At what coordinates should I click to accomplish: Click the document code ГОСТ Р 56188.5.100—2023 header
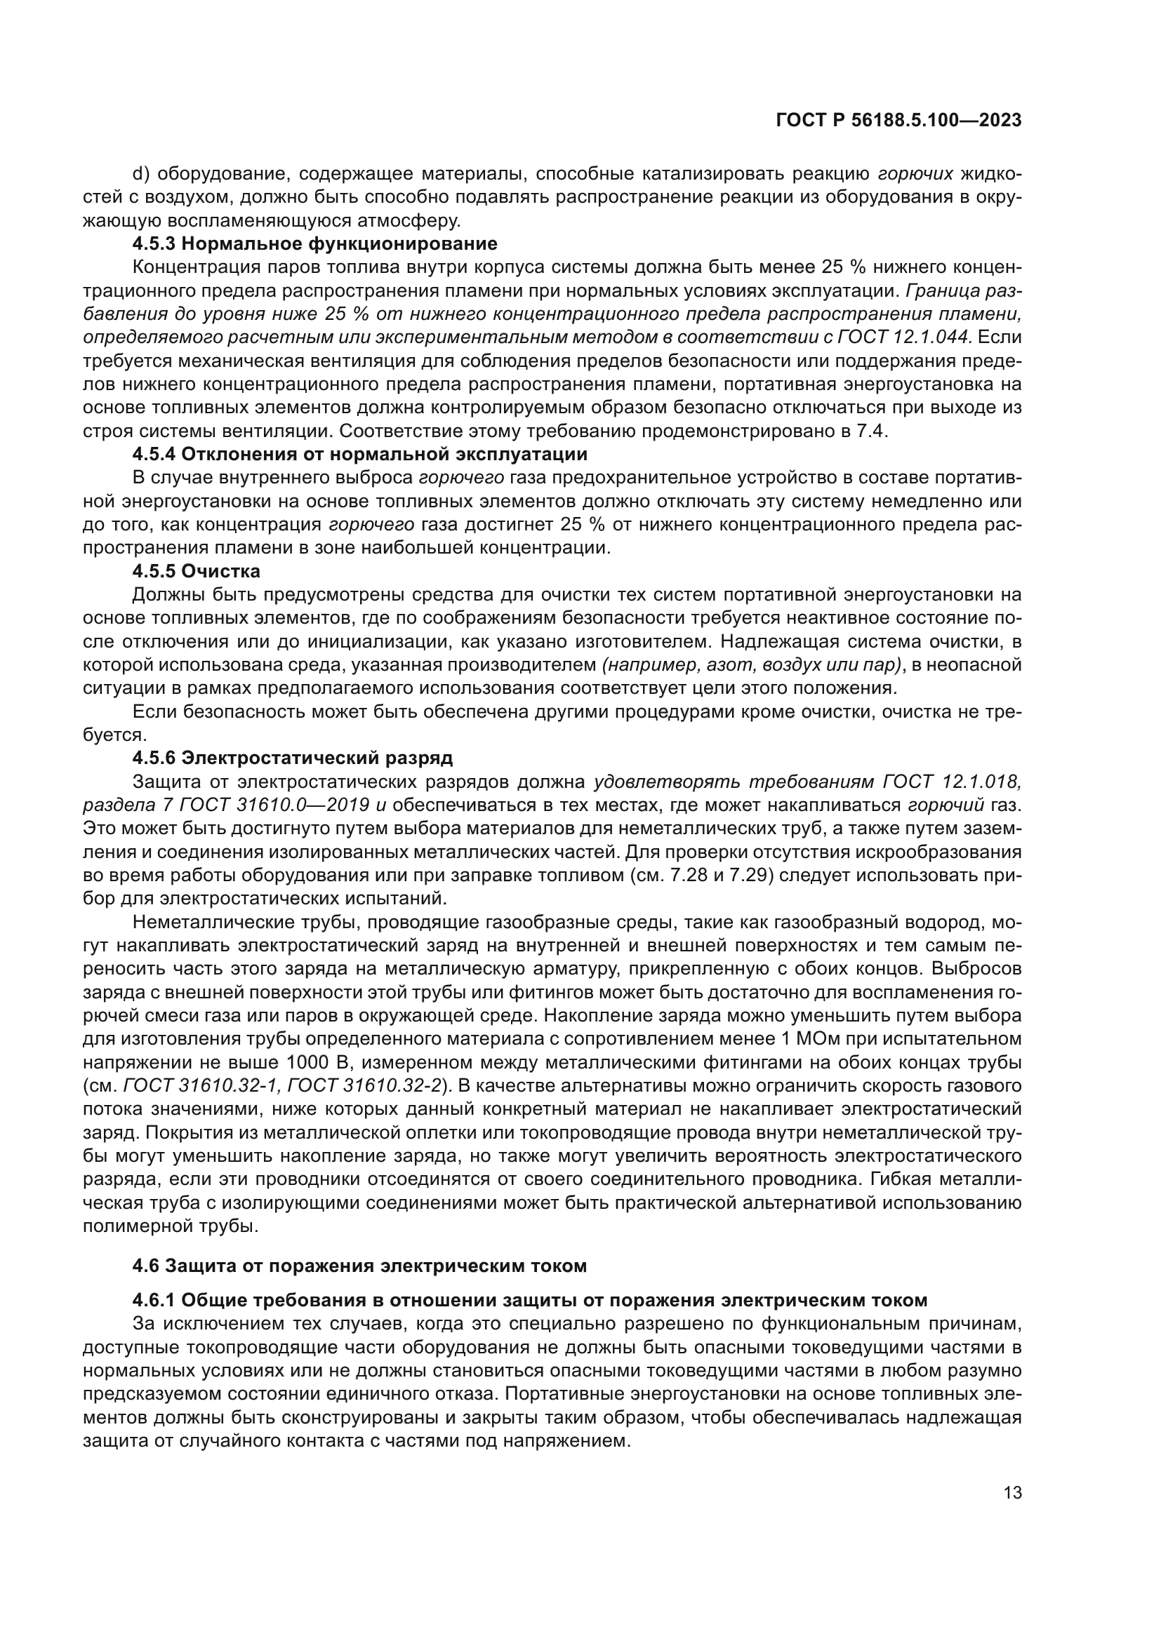coord(898,121)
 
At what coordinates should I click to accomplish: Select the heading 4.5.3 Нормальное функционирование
coord(314,243)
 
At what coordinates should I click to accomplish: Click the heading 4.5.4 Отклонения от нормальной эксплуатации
coord(359,454)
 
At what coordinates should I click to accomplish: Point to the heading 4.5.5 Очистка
coord(196,571)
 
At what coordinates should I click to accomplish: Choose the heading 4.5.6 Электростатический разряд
coord(293,758)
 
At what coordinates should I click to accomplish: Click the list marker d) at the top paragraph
coord(140,174)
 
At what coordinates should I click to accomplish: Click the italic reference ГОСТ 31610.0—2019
coord(275,805)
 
